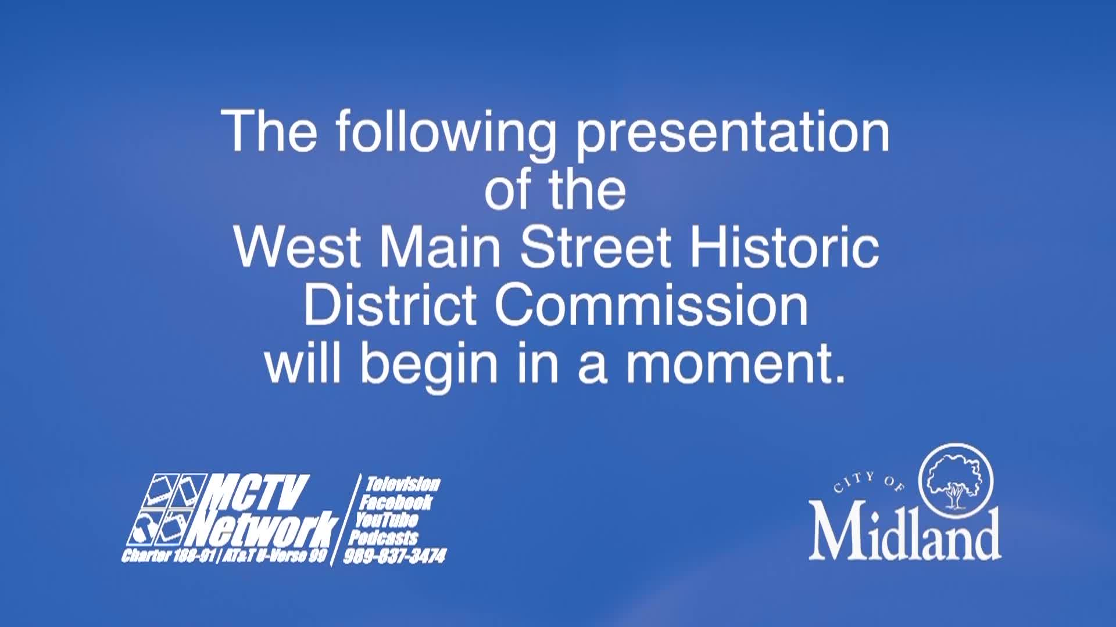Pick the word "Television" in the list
click(402, 484)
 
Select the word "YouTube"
click(387, 520)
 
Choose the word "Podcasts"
click(384, 537)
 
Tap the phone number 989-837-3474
click(395, 556)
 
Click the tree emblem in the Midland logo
click(956, 481)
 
